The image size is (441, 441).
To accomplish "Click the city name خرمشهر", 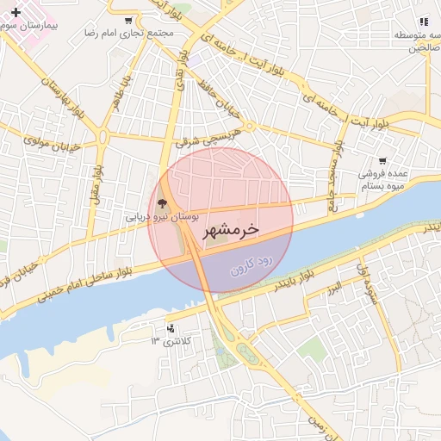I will [x=230, y=230].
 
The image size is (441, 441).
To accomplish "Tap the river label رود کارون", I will [x=252, y=265].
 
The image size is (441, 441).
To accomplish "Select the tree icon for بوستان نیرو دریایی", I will [x=163, y=204].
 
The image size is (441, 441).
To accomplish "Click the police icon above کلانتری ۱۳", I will [x=170, y=328].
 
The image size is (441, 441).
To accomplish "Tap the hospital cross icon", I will [x=16, y=12].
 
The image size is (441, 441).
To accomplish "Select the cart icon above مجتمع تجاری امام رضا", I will [x=128, y=21].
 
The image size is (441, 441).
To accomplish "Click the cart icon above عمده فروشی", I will [x=382, y=160].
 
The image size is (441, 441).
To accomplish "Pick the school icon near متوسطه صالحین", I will [x=423, y=22].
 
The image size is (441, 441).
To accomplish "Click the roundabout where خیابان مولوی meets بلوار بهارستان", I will [x=102, y=135].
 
